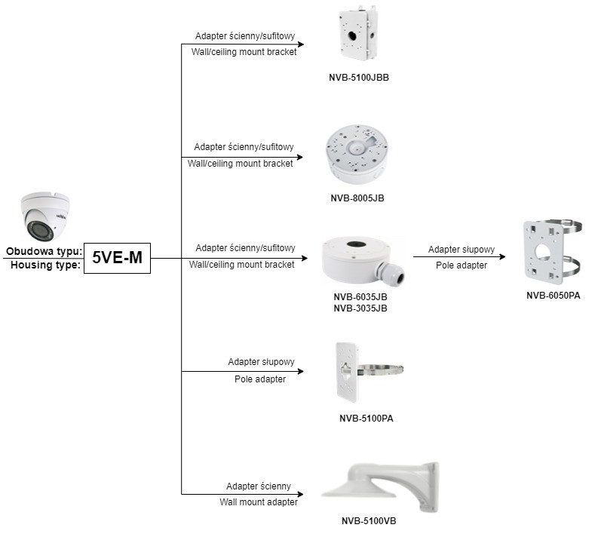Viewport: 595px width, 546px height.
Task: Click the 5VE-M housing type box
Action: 116,257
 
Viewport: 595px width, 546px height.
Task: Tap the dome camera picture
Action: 44,216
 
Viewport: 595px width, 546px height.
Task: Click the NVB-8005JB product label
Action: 357,198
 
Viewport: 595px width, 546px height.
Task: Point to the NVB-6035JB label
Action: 360,297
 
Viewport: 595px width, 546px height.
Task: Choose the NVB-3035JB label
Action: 360,308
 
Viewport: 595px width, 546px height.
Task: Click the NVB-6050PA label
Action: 553,295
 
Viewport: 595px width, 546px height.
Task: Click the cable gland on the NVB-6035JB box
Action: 393,273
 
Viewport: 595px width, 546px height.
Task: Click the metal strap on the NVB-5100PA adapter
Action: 385,370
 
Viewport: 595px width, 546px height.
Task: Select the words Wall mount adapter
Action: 258,502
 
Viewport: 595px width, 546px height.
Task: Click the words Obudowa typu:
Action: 44,251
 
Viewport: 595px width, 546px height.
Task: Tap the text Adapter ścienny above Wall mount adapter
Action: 258,486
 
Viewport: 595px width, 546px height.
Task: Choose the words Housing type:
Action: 45,265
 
